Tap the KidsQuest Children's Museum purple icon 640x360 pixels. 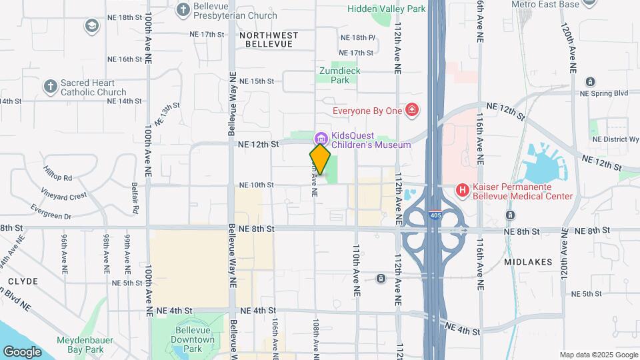[x=321, y=138]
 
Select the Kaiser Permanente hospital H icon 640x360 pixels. [x=462, y=191]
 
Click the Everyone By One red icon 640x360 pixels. [x=413, y=109]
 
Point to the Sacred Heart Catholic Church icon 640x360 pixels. [x=50, y=87]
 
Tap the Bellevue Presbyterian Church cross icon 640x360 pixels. [x=183, y=9]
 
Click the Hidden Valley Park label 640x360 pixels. [x=386, y=9]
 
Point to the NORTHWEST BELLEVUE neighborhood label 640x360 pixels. [x=269, y=39]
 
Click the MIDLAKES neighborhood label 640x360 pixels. [x=528, y=262]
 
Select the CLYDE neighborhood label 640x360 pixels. [x=23, y=281]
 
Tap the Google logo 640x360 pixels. [x=22, y=351]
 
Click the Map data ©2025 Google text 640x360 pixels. [x=597, y=355]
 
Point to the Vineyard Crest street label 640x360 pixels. [x=63, y=196]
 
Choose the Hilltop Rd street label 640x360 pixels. [x=58, y=177]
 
